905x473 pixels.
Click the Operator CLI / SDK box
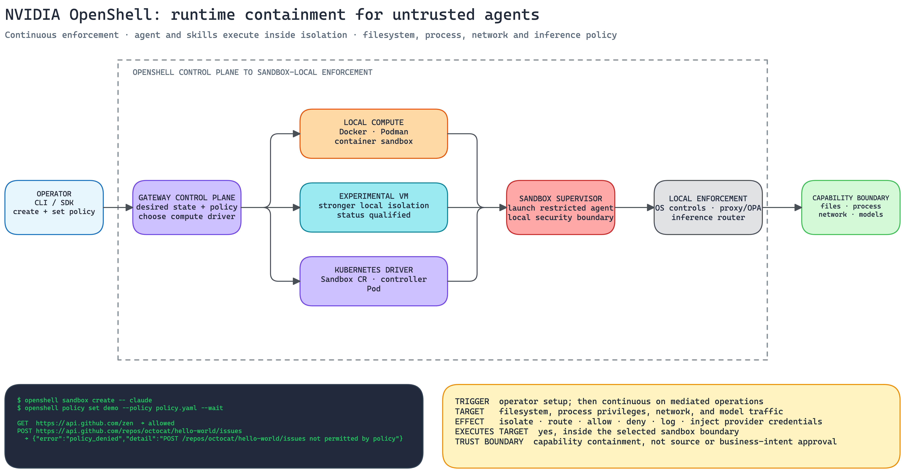click(54, 207)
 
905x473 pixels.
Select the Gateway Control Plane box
click(187, 207)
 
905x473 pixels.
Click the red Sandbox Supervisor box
click(561, 207)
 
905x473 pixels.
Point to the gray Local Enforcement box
click(708, 207)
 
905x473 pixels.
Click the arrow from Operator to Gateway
click(118, 207)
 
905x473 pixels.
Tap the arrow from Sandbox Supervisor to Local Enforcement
click(634, 207)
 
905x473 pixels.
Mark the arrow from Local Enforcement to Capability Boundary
click(782, 207)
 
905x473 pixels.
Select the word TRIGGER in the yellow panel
click(472, 401)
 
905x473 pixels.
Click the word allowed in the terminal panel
click(161, 423)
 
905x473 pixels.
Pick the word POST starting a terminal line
click(25, 431)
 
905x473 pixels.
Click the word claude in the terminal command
click(141, 400)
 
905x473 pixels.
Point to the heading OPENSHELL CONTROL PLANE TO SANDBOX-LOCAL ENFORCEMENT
click(252, 72)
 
